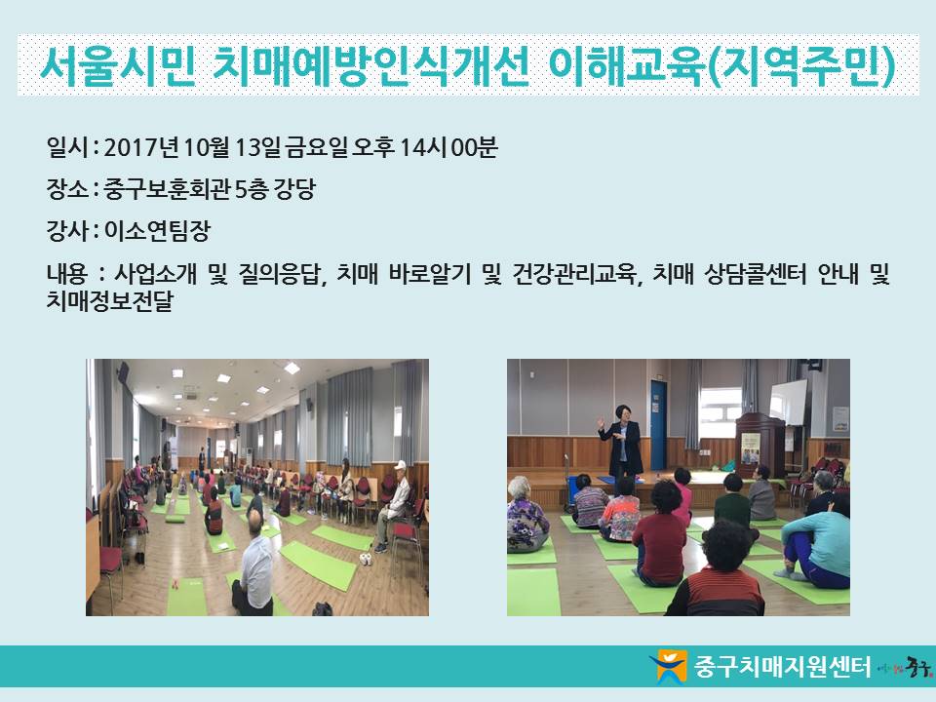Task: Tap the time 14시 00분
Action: click(x=448, y=147)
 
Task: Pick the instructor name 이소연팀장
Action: click(x=157, y=230)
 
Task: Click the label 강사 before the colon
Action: click(x=67, y=230)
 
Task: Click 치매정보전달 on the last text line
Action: click(x=109, y=300)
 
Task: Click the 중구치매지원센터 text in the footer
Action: click(x=782, y=666)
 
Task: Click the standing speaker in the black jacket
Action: click(x=620, y=442)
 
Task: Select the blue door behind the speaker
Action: click(x=658, y=424)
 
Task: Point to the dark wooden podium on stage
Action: click(x=760, y=445)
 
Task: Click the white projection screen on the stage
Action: click(x=788, y=403)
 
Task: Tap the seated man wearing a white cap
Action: click(x=394, y=504)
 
